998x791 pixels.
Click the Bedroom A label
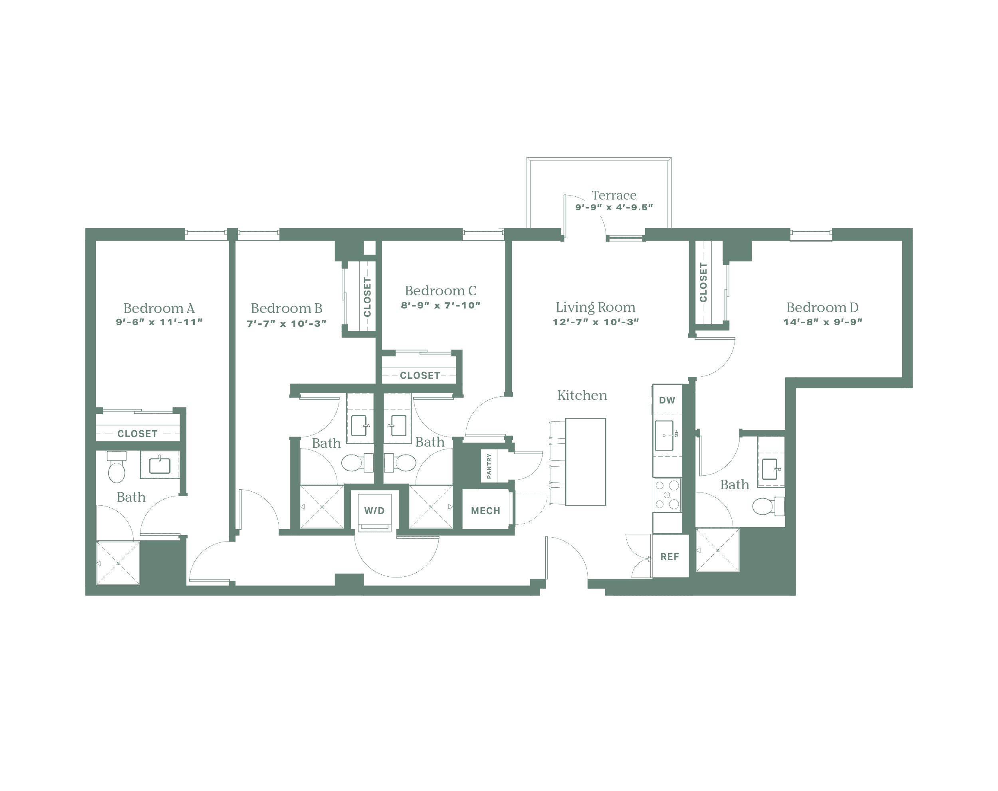[x=159, y=308]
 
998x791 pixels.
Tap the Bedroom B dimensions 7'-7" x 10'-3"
[x=287, y=324]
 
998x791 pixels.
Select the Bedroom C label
[x=440, y=291]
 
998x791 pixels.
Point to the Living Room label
[x=595, y=307]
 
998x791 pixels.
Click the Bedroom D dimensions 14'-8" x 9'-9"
[x=823, y=322]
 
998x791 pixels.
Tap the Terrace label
[x=614, y=195]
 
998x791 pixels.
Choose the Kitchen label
[x=582, y=395]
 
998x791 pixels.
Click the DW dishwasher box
[x=667, y=400]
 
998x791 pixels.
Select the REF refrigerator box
[x=670, y=556]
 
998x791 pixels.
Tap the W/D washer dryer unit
[x=374, y=511]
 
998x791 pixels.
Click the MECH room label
[x=485, y=510]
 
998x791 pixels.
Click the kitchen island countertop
[x=586, y=461]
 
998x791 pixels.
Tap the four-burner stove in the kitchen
[x=667, y=495]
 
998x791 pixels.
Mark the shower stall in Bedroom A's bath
[x=118, y=562]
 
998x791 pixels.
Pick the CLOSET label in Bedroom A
[x=137, y=434]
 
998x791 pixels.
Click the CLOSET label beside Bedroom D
[x=704, y=282]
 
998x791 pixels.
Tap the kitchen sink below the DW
[x=665, y=435]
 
